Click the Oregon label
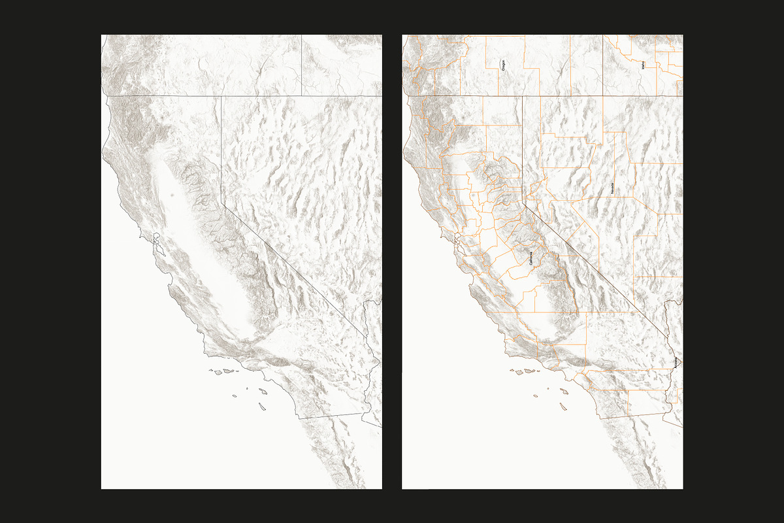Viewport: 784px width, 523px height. tap(504, 65)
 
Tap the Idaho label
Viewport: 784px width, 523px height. tap(643, 65)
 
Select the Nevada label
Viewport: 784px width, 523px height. tap(612, 189)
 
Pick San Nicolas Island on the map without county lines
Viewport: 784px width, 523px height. tap(234, 396)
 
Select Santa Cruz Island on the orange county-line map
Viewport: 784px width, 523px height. tap(529, 371)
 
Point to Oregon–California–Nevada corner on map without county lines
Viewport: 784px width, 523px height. tap(221, 96)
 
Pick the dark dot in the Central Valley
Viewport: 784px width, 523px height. tap(171, 194)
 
